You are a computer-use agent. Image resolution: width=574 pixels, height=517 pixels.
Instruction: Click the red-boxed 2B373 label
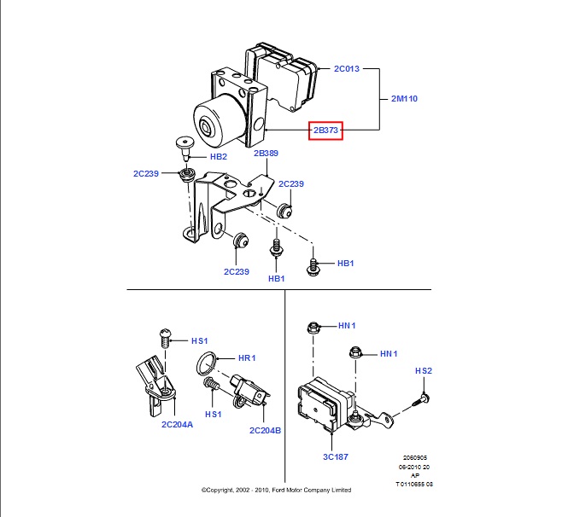[325, 130]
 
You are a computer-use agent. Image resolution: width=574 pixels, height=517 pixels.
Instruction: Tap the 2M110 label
[404, 98]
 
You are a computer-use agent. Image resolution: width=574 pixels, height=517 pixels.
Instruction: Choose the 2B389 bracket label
[266, 154]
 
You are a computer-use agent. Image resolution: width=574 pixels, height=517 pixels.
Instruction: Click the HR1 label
[247, 358]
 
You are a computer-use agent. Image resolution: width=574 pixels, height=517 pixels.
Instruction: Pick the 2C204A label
[177, 424]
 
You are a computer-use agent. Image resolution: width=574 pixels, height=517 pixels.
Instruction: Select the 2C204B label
[265, 431]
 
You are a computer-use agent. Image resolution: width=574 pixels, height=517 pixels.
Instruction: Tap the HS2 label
[425, 370]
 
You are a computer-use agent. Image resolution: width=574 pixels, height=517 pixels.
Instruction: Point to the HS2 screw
[423, 398]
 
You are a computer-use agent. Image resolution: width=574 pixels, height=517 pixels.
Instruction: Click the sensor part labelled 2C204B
[250, 390]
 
